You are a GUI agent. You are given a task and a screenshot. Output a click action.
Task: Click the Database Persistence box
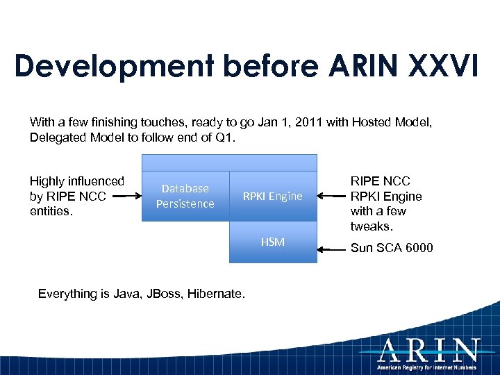point(185,196)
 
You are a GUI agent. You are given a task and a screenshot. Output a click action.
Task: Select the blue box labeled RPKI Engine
point(272,196)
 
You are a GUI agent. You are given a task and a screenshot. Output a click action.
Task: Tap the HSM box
point(272,242)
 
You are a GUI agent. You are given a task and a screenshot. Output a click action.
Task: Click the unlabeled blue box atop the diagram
point(229,162)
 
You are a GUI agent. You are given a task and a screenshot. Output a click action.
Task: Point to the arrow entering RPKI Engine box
point(332,197)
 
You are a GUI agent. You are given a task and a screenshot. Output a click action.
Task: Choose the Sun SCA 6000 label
point(391,247)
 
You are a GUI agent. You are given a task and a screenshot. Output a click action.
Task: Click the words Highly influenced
point(76,181)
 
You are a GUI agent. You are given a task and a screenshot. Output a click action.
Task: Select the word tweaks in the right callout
point(372,226)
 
